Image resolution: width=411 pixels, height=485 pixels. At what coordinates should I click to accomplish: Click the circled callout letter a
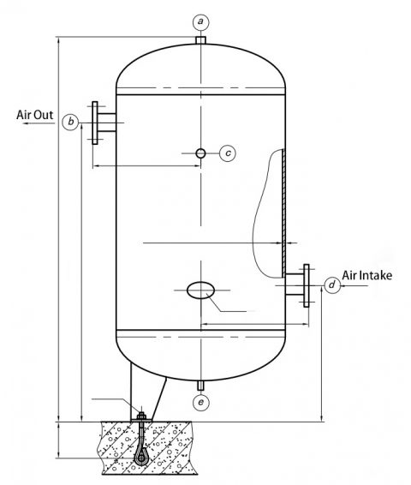coord(200,20)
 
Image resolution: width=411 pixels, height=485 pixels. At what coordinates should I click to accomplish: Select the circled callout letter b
coord(74,122)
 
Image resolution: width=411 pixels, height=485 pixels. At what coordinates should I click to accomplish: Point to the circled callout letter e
coord(200,402)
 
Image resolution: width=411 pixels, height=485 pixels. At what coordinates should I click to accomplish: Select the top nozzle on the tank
coord(200,39)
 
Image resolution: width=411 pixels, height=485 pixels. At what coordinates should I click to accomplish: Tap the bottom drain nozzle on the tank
coord(200,382)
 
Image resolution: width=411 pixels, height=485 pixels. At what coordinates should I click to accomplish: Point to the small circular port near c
coord(200,153)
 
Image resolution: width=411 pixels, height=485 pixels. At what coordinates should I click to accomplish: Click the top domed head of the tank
coord(200,69)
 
